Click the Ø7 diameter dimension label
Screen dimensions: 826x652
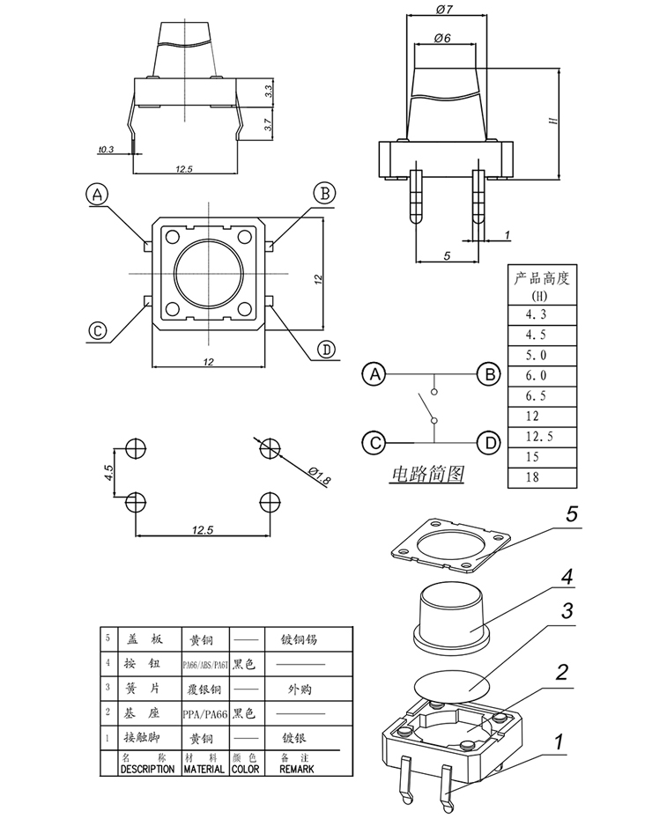pos(444,9)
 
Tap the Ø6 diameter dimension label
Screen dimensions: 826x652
pos(443,39)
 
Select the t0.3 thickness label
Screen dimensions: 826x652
pos(107,150)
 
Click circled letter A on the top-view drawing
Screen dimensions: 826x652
pos(98,194)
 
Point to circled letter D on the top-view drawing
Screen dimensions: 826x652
pos(327,350)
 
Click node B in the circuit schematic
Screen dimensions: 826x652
pos(488,374)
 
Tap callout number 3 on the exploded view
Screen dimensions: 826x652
pos(568,610)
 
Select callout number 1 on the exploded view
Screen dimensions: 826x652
pos(558,741)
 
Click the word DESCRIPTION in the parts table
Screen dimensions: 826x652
pos(147,768)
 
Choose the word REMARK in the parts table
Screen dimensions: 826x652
pos(296,768)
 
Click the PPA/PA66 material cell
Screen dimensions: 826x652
pos(204,712)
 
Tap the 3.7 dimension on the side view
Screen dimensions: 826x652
pos(268,127)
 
